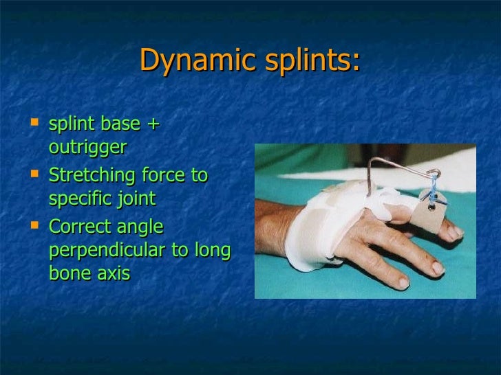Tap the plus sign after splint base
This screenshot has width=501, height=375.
pyautogui.click(x=153, y=124)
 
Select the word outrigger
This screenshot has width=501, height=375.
pyautogui.click(x=88, y=148)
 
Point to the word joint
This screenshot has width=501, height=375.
pyautogui.click(x=133, y=199)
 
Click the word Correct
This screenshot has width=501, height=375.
pyautogui.click(x=83, y=226)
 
